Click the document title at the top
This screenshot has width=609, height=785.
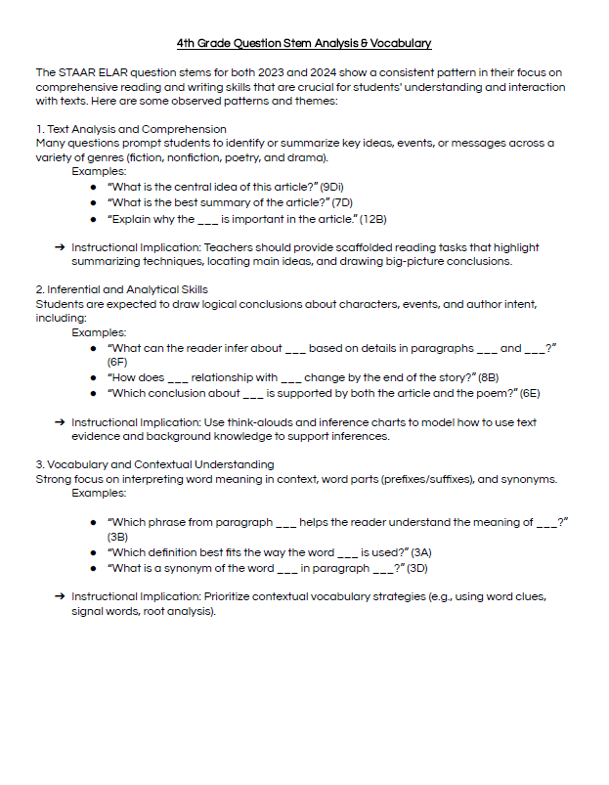pos(304,44)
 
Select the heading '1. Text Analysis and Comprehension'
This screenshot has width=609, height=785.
pos(131,129)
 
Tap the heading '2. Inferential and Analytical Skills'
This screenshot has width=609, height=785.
pos(121,289)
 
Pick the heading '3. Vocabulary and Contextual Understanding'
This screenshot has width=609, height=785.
pos(154,463)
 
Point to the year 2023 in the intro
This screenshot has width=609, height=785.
pos(280,72)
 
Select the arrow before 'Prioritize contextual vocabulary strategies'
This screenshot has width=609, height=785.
pos(61,595)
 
